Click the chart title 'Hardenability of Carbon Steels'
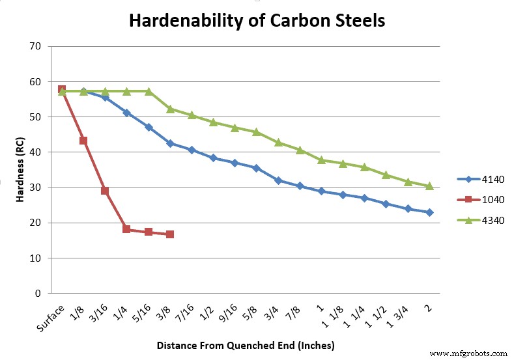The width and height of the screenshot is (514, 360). click(x=257, y=20)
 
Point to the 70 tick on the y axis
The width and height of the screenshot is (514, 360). click(x=35, y=47)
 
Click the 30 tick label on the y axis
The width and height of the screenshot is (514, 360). click(x=35, y=187)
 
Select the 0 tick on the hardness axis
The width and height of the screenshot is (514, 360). click(x=37, y=293)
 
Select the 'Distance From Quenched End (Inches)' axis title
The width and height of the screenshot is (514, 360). click(x=246, y=345)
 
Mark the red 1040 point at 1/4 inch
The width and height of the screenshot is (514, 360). click(x=126, y=229)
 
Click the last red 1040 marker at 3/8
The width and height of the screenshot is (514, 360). click(x=170, y=234)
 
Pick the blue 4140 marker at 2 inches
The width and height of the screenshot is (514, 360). click(x=429, y=212)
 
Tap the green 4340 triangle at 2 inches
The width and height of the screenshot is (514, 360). click(x=429, y=186)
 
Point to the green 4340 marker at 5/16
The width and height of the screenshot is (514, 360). click(x=149, y=91)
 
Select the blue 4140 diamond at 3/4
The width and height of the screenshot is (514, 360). click(x=278, y=180)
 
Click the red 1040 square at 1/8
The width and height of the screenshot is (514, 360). click(x=83, y=141)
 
